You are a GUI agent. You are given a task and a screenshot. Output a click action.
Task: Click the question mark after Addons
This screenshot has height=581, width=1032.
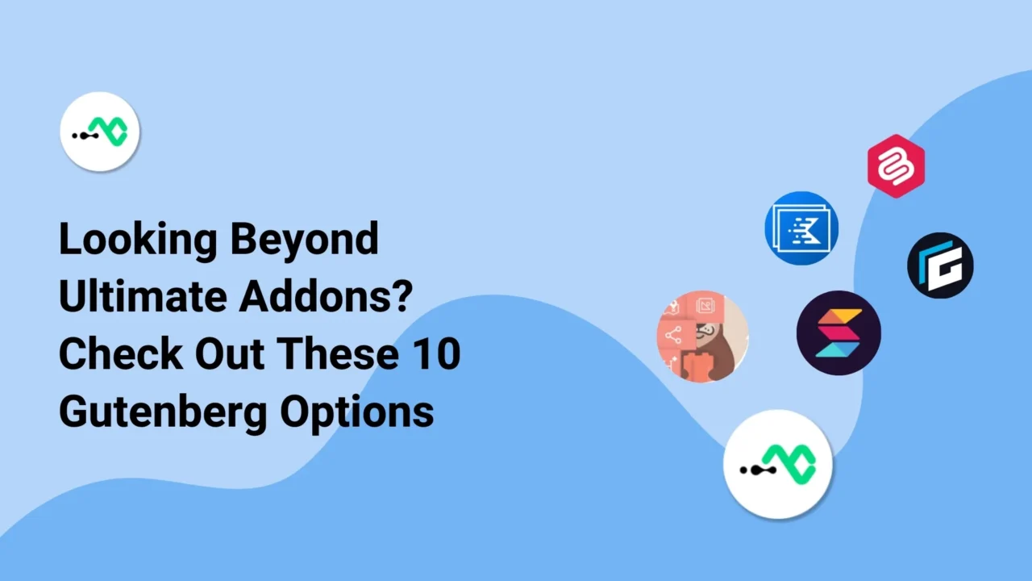point(402,298)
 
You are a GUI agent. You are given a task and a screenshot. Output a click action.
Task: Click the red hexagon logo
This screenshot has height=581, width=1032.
point(896,166)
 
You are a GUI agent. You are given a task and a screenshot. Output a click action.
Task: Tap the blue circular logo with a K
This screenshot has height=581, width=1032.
point(801,228)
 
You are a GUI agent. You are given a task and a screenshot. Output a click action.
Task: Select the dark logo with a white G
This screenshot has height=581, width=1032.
point(940,265)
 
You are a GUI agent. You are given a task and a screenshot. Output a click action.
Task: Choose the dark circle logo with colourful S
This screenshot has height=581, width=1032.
point(838,332)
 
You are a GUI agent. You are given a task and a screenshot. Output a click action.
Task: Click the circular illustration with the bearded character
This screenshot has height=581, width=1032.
point(703,336)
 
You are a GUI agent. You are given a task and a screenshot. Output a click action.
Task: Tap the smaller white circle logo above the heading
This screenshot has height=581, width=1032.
point(100,132)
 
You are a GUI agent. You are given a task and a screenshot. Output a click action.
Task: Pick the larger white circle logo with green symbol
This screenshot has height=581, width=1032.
point(777,464)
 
